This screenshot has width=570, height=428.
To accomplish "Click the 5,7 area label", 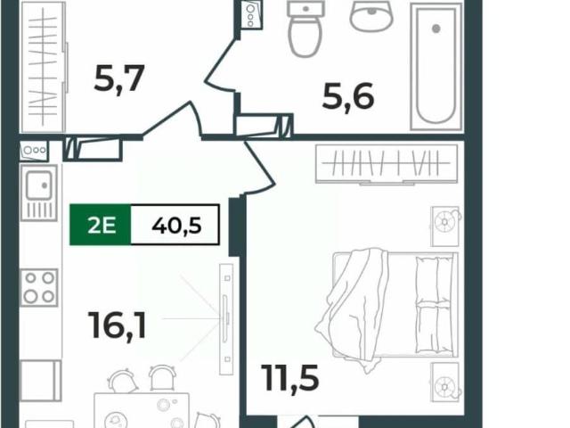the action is [x=119, y=78].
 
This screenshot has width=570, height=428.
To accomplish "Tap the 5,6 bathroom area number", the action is [x=348, y=97].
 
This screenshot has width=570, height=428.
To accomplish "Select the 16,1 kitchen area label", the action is [x=118, y=326].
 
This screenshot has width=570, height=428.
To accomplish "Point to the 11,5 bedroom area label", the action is [x=291, y=378].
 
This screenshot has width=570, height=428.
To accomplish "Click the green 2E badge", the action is [x=101, y=225].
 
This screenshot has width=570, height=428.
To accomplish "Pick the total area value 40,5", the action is [x=176, y=226].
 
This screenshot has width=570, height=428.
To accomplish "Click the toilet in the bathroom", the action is [x=305, y=29].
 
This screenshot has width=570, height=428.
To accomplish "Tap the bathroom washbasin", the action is [x=371, y=15].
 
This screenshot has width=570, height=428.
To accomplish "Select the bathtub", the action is [x=436, y=66].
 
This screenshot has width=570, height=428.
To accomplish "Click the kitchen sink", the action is [x=39, y=193].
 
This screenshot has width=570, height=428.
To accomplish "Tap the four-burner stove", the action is [x=39, y=287].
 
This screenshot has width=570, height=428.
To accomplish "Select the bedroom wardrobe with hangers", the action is [x=387, y=164].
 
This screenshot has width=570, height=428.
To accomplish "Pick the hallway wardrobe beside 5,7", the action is [x=45, y=67].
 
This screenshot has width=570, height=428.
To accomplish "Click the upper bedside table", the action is [x=445, y=226].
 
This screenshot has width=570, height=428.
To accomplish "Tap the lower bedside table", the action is [x=445, y=383].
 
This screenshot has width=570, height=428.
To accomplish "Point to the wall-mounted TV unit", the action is [x=226, y=319].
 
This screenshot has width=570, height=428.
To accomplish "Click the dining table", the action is [x=142, y=410].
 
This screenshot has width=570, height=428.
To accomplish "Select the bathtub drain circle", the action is [x=436, y=29].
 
